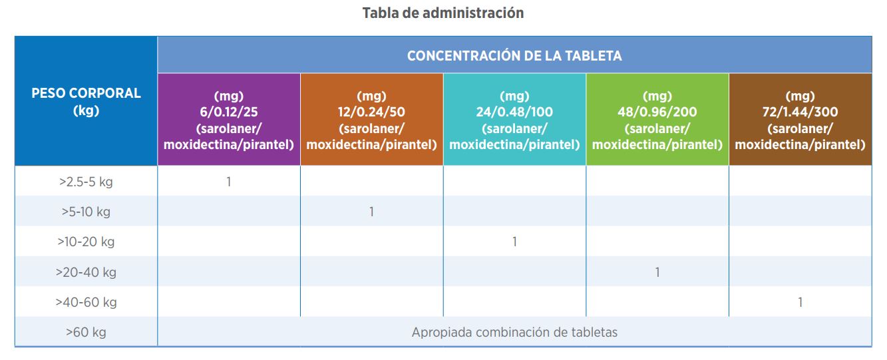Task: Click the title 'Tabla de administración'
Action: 443,13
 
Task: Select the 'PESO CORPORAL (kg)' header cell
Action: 86,101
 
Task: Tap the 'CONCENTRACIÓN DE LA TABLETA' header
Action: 514,56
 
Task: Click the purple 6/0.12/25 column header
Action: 228,120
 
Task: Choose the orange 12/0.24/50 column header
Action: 371,120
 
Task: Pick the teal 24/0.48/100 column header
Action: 514,120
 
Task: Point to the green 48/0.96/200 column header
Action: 657,120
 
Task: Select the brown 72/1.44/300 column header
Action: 800,120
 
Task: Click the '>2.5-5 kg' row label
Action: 86,182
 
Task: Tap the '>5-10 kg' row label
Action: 86,212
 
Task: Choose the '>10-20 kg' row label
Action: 86,242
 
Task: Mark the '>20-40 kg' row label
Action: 86,272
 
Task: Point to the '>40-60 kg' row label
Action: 86,302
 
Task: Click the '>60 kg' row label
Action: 86,332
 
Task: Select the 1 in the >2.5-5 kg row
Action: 229,182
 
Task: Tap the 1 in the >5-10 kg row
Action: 371,212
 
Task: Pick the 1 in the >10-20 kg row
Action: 514,242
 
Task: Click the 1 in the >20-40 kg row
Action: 657,272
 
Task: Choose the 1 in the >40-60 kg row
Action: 800,302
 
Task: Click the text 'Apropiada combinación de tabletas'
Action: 514,332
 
